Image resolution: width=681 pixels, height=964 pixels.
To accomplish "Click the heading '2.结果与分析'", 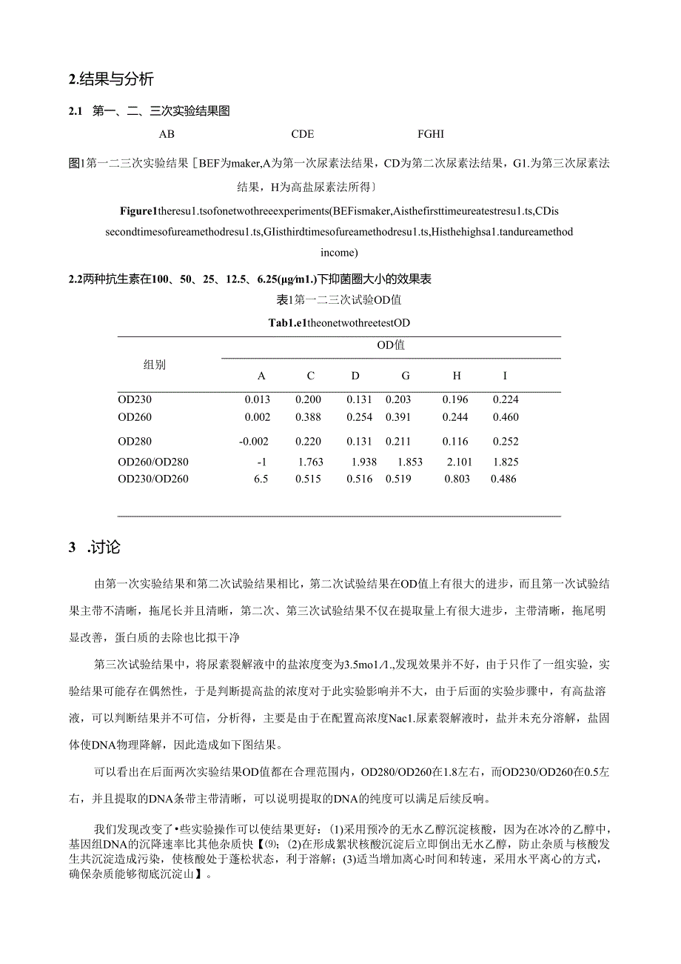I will pos(110,79).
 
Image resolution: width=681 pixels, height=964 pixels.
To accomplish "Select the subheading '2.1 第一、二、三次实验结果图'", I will pos(149,112).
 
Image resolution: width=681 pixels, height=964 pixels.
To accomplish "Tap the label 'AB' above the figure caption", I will pos(167,134).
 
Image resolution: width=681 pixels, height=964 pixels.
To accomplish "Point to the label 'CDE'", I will pos(303,134).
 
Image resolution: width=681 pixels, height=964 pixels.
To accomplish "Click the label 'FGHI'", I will pos(431,134).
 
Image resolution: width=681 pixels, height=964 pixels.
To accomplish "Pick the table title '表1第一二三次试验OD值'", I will pos(338,300).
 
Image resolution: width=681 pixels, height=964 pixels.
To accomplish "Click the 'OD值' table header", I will pos(391,345).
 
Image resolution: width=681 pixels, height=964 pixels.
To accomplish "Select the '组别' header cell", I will pos(155,365).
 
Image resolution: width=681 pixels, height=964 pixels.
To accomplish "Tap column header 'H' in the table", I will pos(457,376).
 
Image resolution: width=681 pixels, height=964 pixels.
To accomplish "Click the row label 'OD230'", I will pos(134,400).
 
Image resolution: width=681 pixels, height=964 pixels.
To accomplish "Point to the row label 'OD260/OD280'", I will pos(153,462).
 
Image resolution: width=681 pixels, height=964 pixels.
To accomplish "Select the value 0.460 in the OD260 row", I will pos(506,418).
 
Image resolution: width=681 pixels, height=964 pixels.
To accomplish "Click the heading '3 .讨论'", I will pos(94,548).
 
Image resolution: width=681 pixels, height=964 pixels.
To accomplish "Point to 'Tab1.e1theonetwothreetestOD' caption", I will pos(338,323).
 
